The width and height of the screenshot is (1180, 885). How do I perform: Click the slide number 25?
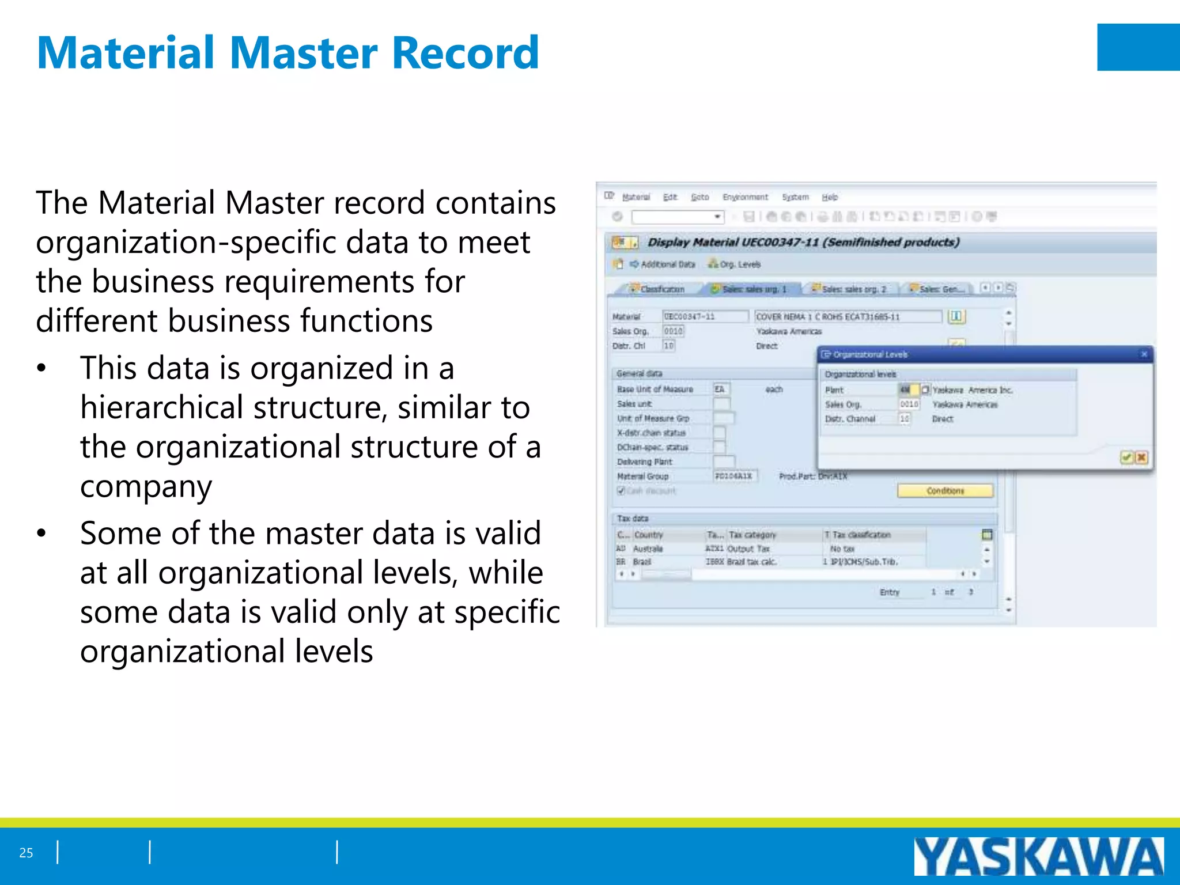pyautogui.click(x=26, y=853)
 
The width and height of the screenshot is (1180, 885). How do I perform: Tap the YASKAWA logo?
pyautogui.click(x=1038, y=856)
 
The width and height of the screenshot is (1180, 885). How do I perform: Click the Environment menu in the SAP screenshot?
pyautogui.click(x=745, y=197)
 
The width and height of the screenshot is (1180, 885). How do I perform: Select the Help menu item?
pyautogui.click(x=830, y=197)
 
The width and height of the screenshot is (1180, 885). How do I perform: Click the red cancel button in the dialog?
pyautogui.click(x=1141, y=457)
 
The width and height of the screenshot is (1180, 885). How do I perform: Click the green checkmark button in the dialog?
pyautogui.click(x=1126, y=457)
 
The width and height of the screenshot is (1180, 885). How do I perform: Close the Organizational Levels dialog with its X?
pyautogui.click(x=1144, y=354)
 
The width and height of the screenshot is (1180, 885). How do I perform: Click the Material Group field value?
pyautogui.click(x=734, y=476)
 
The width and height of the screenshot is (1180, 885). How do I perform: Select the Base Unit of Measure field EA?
pyautogui.click(x=720, y=389)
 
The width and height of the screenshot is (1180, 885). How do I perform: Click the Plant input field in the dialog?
pyautogui.click(x=908, y=390)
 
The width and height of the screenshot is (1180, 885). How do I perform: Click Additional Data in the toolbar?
pyautogui.click(x=667, y=264)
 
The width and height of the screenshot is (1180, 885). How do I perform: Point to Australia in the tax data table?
pyautogui.click(x=648, y=549)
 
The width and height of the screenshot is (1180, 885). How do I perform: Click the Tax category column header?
pyautogui.click(x=752, y=535)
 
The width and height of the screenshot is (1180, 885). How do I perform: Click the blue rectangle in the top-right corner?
pyautogui.click(x=1139, y=47)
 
